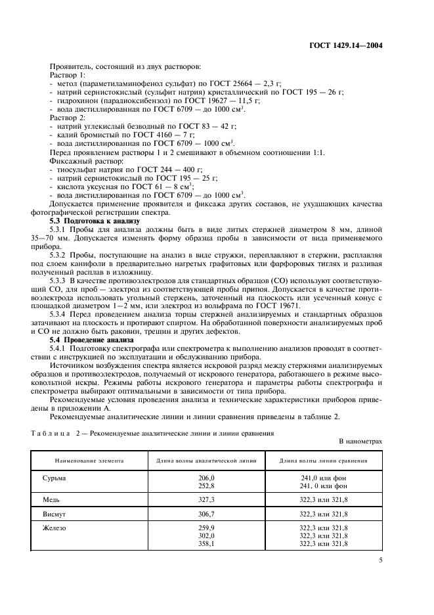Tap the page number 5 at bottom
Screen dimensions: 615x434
[381, 560]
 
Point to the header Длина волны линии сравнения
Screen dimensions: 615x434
[323, 461]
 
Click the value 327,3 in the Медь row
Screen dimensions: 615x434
[206, 500]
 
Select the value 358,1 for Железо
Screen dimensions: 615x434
[206, 544]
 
